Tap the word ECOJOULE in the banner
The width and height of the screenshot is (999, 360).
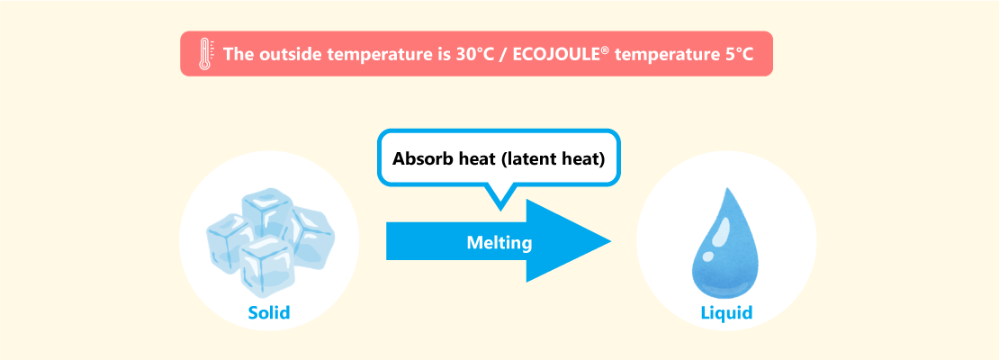(556, 54)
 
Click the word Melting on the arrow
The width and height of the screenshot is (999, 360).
(499, 242)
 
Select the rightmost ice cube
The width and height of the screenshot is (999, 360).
(310, 236)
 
